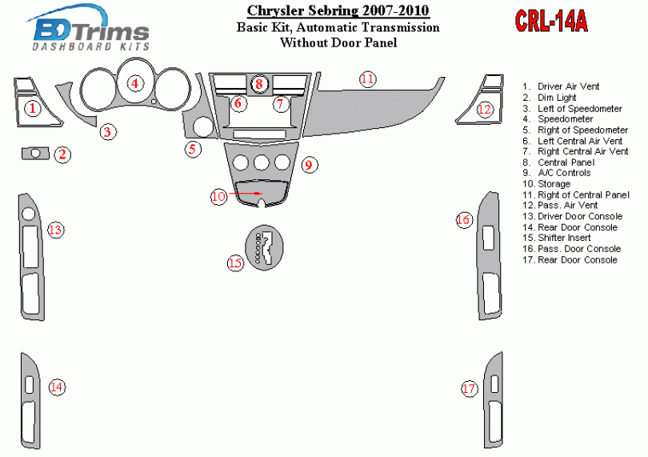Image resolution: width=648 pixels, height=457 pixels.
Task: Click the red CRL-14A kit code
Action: tap(551, 21)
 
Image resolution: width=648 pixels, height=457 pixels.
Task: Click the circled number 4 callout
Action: tap(134, 83)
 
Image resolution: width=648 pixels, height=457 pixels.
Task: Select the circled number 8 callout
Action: tap(258, 84)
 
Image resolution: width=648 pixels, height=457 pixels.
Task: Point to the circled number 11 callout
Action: tap(367, 78)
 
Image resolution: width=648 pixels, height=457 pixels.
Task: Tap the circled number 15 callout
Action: tap(235, 263)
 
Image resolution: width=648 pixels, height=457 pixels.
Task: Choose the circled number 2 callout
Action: tap(62, 154)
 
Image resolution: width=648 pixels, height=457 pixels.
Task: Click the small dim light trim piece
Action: tap(35, 154)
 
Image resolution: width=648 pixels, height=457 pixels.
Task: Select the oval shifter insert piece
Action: tap(265, 247)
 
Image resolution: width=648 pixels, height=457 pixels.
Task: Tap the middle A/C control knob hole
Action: tap(261, 162)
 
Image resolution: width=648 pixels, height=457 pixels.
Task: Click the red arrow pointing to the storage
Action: tap(246, 193)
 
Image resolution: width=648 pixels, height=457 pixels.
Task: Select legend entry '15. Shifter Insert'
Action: tap(556, 238)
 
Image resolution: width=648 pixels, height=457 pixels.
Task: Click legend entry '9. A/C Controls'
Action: tap(556, 173)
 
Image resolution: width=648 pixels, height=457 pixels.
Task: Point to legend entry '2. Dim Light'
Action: tap(550, 98)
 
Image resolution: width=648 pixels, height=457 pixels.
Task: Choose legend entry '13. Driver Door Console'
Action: tap(572, 216)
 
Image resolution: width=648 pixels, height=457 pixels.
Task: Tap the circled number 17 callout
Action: tap(469, 389)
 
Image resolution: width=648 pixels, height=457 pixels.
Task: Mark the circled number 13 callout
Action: tap(55, 230)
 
